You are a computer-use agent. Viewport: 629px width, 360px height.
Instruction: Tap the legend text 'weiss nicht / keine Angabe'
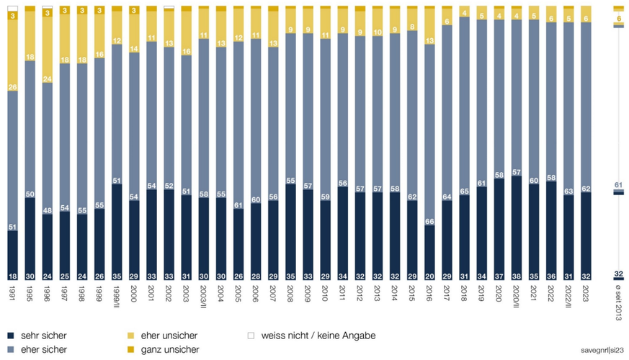pyautogui.click(x=318, y=336)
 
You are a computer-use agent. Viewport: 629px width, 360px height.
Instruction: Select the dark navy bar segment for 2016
pyautogui.click(x=430, y=252)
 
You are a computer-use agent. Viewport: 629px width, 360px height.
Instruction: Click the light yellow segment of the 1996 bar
pyautogui.click(x=48, y=50)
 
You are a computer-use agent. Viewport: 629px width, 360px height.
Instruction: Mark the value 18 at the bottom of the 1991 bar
pyautogui.click(x=12, y=276)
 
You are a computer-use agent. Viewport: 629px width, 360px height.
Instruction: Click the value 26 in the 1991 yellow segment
pyautogui.click(x=12, y=87)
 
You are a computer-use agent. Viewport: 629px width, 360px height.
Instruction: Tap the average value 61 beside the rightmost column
pyautogui.click(x=618, y=186)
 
